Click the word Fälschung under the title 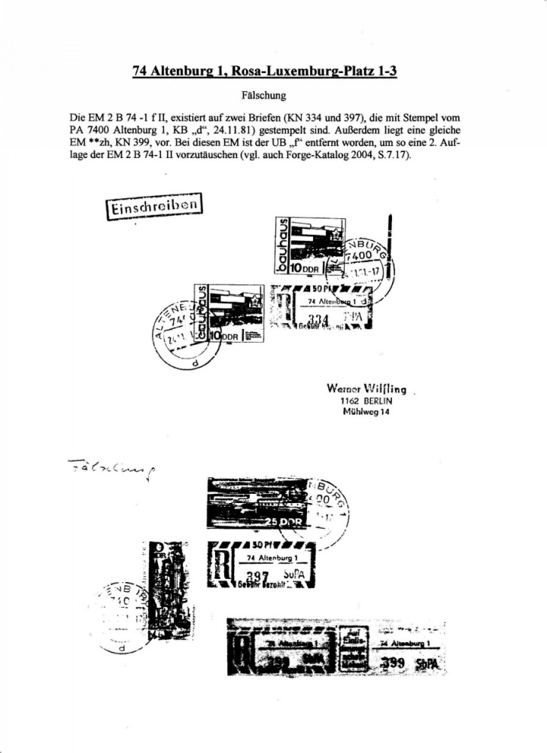[x=272, y=97]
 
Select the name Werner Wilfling [x=366, y=389]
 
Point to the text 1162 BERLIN [x=366, y=401]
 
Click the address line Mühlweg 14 [x=366, y=412]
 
